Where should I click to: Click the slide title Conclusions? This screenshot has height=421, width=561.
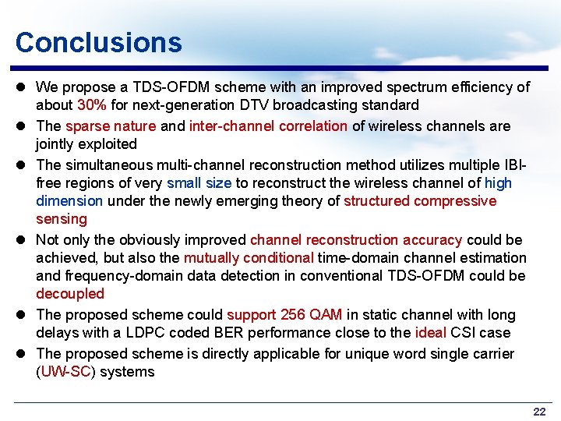point(98,42)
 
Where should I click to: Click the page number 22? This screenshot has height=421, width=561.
point(539,411)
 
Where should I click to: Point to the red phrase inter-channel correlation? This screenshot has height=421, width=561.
point(268,126)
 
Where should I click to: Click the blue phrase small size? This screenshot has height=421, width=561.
point(198,183)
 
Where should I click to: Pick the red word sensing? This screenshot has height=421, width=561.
point(62,219)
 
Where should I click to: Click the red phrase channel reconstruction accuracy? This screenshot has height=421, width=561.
point(355,240)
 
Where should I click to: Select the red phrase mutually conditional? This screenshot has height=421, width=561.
point(249,258)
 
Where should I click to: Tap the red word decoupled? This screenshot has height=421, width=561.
point(69,294)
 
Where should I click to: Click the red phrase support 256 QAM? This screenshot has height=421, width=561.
point(284,315)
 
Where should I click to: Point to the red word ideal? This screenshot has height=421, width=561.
point(431,333)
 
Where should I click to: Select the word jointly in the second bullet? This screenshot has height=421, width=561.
point(57,144)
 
